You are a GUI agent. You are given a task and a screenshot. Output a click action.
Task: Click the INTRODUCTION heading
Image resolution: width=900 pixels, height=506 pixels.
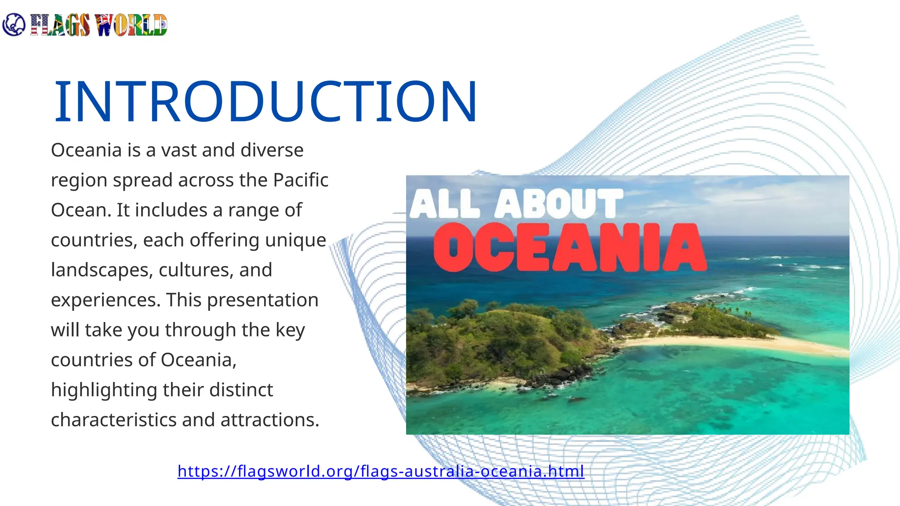(265, 102)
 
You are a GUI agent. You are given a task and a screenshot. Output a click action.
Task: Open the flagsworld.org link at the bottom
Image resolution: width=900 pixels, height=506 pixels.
(381, 471)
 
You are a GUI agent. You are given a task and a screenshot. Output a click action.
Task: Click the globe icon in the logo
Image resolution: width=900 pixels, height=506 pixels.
(14, 25)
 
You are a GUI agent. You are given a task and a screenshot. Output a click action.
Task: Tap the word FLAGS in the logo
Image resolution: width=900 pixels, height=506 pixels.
(60, 25)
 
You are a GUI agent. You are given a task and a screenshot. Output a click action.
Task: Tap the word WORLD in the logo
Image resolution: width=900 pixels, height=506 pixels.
(131, 25)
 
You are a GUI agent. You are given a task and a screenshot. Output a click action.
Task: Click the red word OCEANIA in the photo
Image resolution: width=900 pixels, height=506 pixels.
(570, 247)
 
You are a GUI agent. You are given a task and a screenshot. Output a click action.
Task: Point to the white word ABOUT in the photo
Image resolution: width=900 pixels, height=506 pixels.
(559, 203)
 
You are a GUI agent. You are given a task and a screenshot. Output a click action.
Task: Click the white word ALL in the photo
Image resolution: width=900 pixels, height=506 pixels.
(445, 204)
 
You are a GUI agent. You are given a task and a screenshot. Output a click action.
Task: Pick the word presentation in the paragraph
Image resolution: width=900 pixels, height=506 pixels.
(262, 300)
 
